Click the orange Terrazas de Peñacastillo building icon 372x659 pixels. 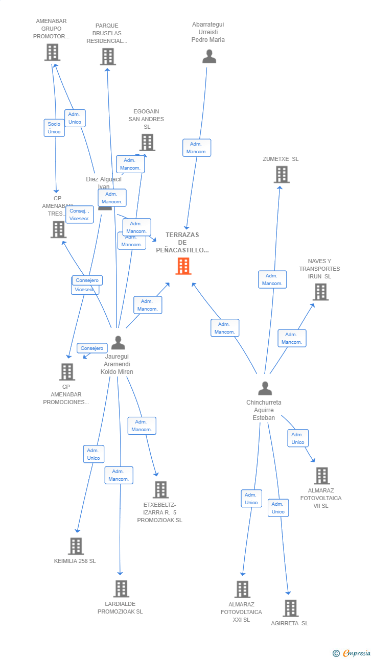[183, 266]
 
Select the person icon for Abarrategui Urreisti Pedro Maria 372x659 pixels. [209, 56]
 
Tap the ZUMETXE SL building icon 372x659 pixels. [282, 175]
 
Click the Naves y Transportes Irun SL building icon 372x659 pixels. [320, 292]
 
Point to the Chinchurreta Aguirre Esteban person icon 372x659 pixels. [265, 389]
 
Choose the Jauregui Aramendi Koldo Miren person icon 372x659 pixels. [118, 343]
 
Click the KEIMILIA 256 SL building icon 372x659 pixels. [76, 546]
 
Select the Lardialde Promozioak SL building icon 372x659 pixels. [121, 589]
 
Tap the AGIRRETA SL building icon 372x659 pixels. [291, 608]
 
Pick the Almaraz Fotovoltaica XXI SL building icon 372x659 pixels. [242, 590]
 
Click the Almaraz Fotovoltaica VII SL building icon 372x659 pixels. [321, 476]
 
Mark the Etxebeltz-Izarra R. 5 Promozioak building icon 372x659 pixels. [160, 489]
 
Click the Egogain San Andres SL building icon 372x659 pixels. [147, 143]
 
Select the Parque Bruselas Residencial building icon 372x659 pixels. [108, 57]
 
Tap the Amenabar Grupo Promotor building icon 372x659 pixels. [52, 52]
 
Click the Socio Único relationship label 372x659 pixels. [54, 128]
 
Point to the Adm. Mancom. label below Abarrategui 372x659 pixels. [197, 148]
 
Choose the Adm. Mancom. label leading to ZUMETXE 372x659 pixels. [272, 279]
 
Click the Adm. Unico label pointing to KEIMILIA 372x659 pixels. [94, 454]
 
